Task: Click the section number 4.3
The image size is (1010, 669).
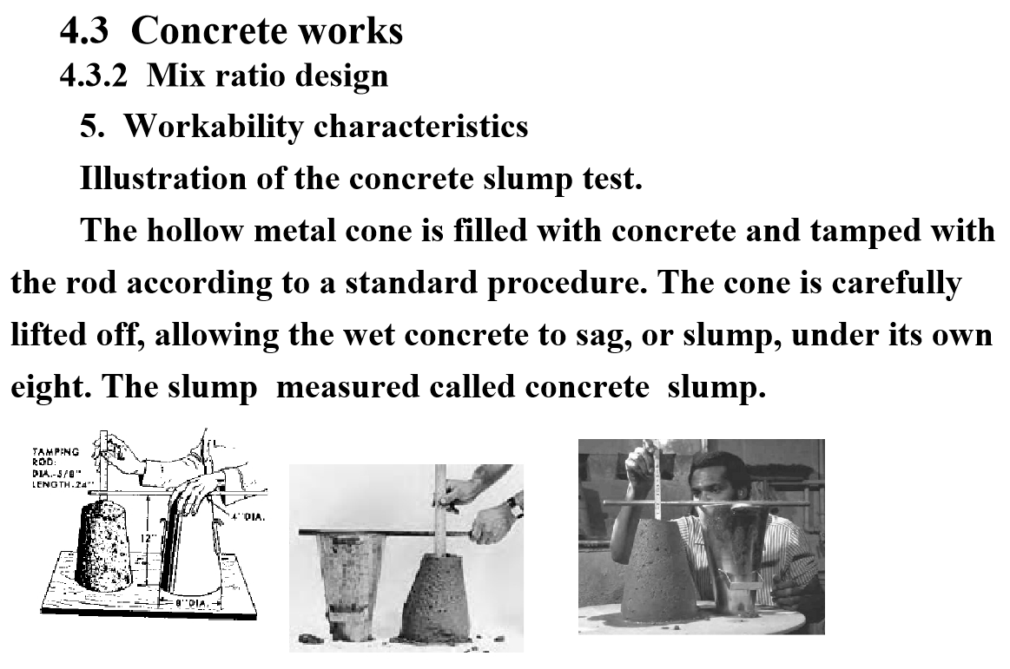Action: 84,30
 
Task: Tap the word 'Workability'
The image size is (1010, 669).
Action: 214,126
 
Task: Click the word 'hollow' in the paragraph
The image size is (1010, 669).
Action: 195,231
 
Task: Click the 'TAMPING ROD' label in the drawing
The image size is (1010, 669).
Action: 56,456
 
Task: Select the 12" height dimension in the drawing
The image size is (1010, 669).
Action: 147,537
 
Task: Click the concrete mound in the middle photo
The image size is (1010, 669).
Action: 442,598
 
